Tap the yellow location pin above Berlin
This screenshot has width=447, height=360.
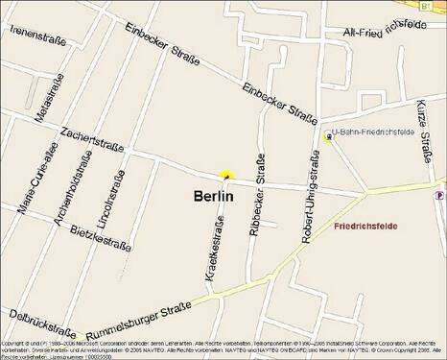pos(226,175)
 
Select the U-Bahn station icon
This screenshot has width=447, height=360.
pos(329,137)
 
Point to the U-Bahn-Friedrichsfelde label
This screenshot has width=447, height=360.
pos(375,132)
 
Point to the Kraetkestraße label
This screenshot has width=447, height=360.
pos(215,249)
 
